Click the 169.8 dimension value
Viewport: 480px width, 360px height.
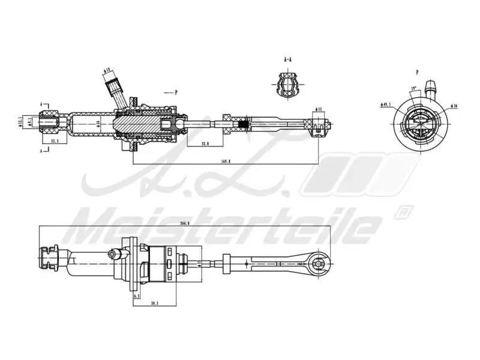[225, 160]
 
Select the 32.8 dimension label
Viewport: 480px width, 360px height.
[205, 143]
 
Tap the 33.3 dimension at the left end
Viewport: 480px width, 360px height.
[55, 141]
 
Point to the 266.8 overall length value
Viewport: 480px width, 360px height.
[184, 223]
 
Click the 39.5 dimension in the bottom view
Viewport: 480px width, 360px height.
[154, 303]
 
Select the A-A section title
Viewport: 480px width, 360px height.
[289, 61]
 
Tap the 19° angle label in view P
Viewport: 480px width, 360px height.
[413, 89]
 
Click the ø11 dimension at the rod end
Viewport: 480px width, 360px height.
[320, 109]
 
